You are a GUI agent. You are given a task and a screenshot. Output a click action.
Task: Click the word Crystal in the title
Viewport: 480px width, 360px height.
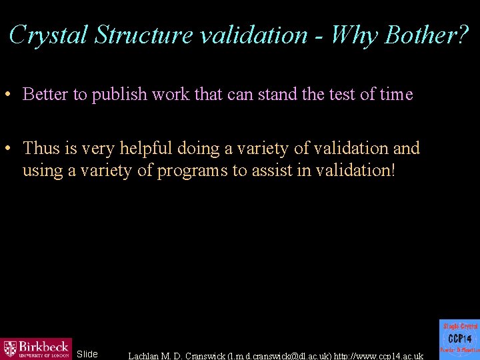coord(49,35)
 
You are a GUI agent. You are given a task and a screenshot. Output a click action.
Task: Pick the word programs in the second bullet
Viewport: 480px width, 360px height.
coord(193,171)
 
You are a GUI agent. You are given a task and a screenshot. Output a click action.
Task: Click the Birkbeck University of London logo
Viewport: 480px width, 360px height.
coord(36,348)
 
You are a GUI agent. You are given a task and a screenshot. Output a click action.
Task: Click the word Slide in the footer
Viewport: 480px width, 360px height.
coord(87,354)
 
